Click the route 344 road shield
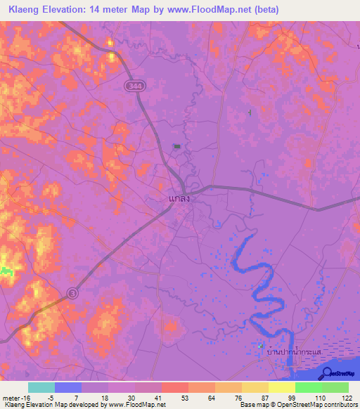(x=136, y=85)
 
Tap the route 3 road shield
(x=72, y=292)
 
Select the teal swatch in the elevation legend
(x=41, y=387)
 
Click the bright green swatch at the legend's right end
(x=335, y=387)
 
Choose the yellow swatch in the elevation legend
(x=281, y=387)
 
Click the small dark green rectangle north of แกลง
(x=176, y=146)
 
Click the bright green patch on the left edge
(x=6, y=271)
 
